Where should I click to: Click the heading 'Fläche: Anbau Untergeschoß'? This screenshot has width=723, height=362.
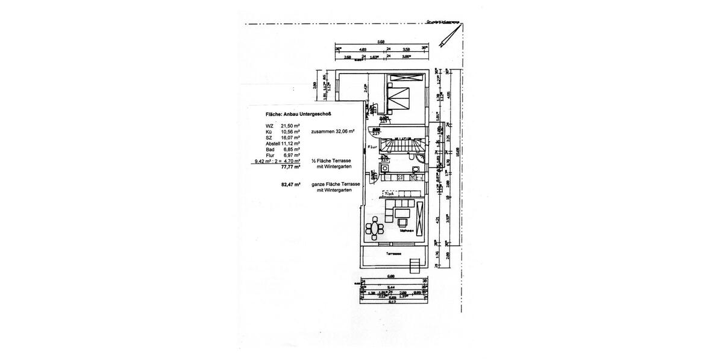coord(302,113)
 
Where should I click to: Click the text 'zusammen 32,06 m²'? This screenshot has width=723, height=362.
coord(333,131)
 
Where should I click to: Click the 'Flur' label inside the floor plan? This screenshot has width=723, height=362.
coord(372,146)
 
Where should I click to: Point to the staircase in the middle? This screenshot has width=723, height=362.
coord(404,147)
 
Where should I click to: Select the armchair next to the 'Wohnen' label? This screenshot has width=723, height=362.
coord(402,221)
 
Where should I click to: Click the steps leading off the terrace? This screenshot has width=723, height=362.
coord(414,265)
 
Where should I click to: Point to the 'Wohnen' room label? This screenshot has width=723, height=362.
coord(405,230)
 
